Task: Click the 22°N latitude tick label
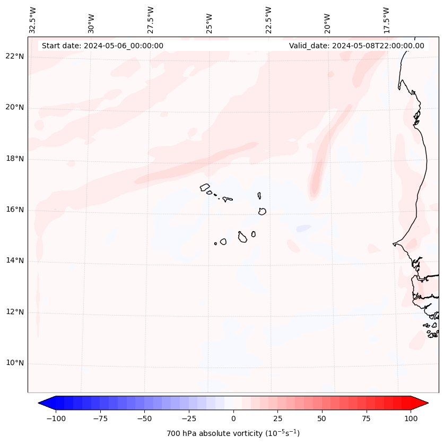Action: point(15,56)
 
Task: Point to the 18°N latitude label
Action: point(15,159)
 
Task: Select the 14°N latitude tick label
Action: point(15,260)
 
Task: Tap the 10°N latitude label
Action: point(15,363)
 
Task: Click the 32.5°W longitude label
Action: point(33,20)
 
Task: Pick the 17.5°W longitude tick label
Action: point(387,20)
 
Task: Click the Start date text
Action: point(102,46)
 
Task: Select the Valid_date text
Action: point(356,46)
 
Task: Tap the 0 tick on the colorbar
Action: point(233,418)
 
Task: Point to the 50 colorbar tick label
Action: point(321,418)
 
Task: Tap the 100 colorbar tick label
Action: point(411,418)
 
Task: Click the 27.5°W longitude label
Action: point(151,20)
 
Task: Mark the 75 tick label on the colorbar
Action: point(366,418)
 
